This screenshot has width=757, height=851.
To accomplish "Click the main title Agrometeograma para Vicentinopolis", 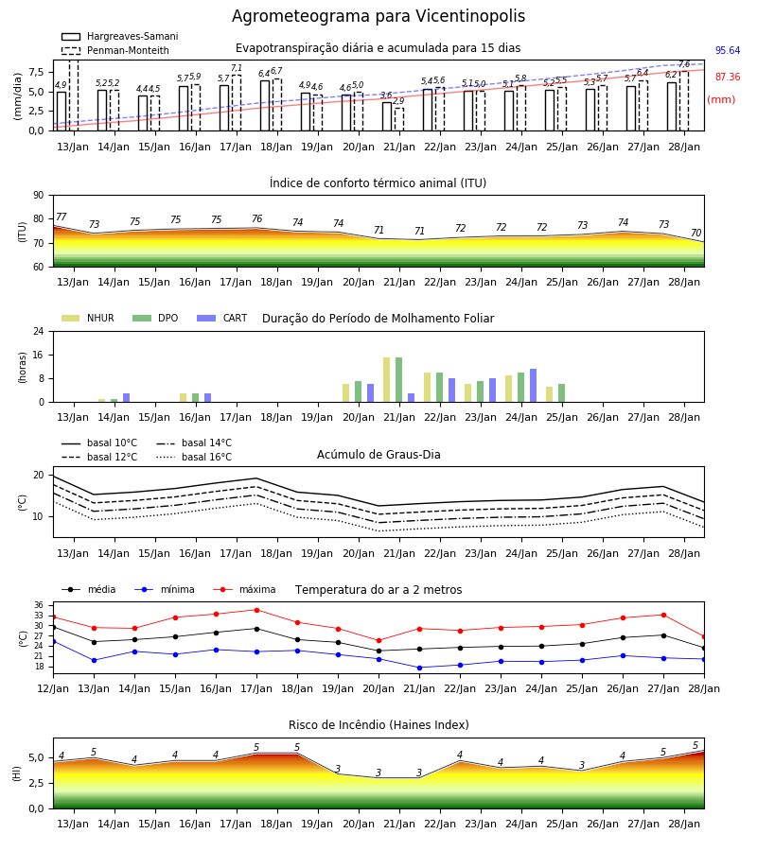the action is point(378,16).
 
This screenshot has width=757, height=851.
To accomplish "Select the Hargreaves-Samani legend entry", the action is point(119,36).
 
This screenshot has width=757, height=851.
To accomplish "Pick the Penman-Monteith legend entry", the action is point(115,50).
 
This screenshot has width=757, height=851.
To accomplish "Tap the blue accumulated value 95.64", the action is point(728,50).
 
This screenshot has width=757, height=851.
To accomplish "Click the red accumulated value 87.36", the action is point(728,78).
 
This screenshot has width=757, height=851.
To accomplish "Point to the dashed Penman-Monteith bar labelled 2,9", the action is point(399,119).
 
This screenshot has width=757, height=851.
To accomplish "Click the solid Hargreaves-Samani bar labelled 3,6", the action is point(387,116).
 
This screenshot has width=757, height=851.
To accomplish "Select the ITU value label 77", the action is point(62,217).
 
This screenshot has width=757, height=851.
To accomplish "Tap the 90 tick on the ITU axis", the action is point(39,196).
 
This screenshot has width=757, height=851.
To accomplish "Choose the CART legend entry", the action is point(221,318).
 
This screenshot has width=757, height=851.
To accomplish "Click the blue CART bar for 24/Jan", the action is point(534,386).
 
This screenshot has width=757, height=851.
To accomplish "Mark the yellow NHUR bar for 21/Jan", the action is point(387,380).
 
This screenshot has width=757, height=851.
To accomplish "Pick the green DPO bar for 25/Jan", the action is point(561,393).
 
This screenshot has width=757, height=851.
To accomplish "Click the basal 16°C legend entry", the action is point(194,457).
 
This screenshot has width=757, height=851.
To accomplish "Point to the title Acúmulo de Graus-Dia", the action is point(378,455).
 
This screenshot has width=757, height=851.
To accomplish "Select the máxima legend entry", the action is point(244,589).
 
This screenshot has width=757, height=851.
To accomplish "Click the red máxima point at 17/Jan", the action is point(256,610).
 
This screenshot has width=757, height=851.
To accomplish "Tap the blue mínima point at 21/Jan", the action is point(420,668).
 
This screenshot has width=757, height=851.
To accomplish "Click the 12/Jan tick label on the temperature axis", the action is point(53,688).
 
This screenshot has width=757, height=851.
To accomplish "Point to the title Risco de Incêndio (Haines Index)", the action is point(378,725).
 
